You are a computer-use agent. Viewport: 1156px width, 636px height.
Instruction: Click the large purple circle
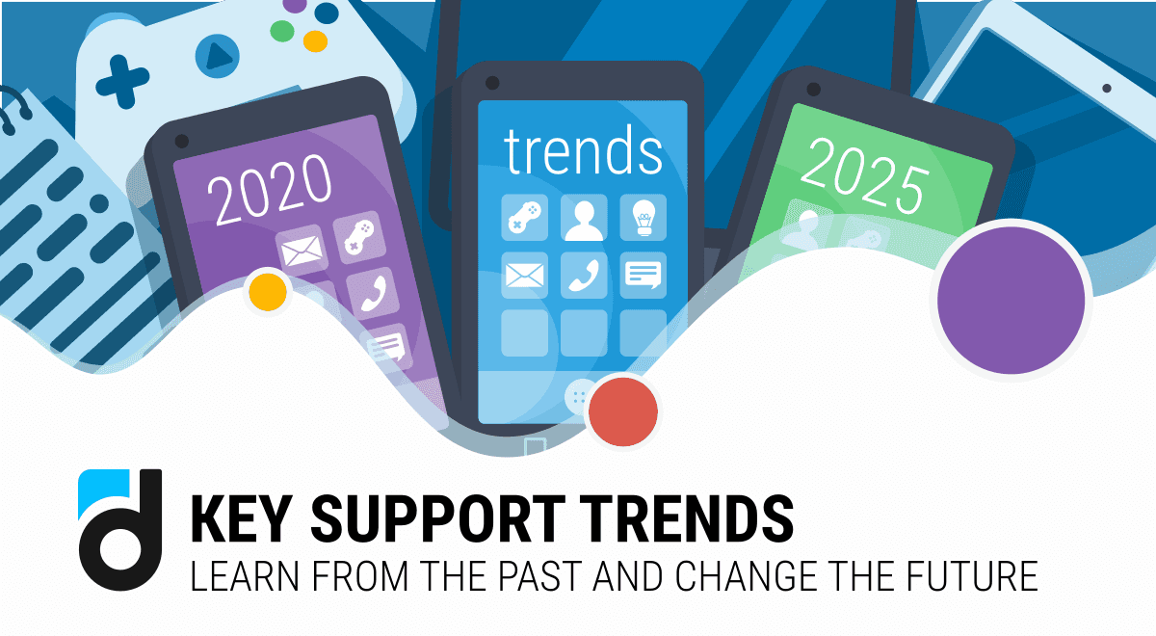coord(1011,301)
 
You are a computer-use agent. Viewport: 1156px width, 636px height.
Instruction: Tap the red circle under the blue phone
coord(623,411)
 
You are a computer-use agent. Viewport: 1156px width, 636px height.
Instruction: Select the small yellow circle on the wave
coord(268,292)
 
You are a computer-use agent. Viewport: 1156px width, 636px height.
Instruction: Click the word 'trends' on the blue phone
coord(584,151)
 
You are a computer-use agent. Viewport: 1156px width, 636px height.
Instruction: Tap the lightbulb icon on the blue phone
coord(643,218)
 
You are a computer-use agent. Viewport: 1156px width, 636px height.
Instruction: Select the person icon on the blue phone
coord(584,218)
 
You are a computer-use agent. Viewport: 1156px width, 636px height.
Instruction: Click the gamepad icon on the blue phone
coord(525,218)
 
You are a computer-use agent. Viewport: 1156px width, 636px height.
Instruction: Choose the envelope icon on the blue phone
coord(525,275)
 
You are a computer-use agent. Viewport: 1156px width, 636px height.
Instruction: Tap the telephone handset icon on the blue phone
coord(584,275)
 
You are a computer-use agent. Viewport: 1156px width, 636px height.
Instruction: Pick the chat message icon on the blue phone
coord(643,275)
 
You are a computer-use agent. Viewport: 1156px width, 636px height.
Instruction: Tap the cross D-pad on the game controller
coord(121,83)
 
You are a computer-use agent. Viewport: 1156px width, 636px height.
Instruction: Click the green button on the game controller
coord(282,31)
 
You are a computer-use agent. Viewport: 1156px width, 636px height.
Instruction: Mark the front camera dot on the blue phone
coord(492,81)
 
